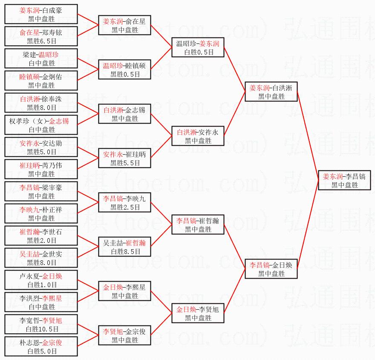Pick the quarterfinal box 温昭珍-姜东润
(x=198, y=48)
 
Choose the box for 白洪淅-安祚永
(x=198, y=136)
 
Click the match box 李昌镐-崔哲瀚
(x=198, y=225)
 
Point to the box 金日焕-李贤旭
(x=198, y=314)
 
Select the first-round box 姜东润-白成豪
(x=41, y=14)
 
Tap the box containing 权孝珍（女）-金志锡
(x=41, y=125)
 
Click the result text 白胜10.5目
(x=41, y=329)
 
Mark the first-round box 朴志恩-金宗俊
(x=41, y=347)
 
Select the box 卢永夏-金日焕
(x=41, y=280)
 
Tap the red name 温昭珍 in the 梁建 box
(x=49, y=55)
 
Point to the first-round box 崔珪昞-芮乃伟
(x=41, y=170)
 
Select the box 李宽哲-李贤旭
(x=41, y=325)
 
